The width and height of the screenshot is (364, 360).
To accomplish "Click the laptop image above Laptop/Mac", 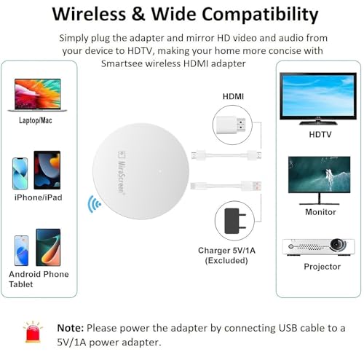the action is (37, 95).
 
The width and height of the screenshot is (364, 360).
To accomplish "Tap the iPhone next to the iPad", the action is (20, 173).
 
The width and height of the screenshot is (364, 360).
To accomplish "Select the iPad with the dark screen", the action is (47, 170).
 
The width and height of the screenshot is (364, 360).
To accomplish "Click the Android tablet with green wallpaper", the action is (48, 247).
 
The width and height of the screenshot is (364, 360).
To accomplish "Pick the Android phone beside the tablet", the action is (21, 251).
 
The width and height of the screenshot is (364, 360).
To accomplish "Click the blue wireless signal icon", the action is (94, 204).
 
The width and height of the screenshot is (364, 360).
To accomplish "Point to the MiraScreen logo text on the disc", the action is (122, 173).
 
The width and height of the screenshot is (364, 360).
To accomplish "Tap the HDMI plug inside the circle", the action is (231, 125).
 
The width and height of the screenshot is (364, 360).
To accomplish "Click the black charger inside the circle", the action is (235, 221).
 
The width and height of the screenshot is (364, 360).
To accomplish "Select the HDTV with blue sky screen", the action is (318, 98).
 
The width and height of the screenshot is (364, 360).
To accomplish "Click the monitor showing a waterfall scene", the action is (319, 181).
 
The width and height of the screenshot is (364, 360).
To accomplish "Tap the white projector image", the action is (318, 247).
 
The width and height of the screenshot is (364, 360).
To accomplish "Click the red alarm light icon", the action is (33, 332).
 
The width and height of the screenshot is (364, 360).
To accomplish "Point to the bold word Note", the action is (71, 328).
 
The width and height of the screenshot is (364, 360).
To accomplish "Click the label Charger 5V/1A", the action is (226, 251).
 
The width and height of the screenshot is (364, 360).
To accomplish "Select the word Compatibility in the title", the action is (260, 15).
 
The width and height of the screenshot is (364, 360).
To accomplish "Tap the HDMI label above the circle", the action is (233, 96).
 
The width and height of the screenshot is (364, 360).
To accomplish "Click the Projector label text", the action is (323, 267).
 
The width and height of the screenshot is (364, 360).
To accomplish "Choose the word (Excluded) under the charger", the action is (226, 261).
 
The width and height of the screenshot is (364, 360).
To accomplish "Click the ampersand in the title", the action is (138, 14).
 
